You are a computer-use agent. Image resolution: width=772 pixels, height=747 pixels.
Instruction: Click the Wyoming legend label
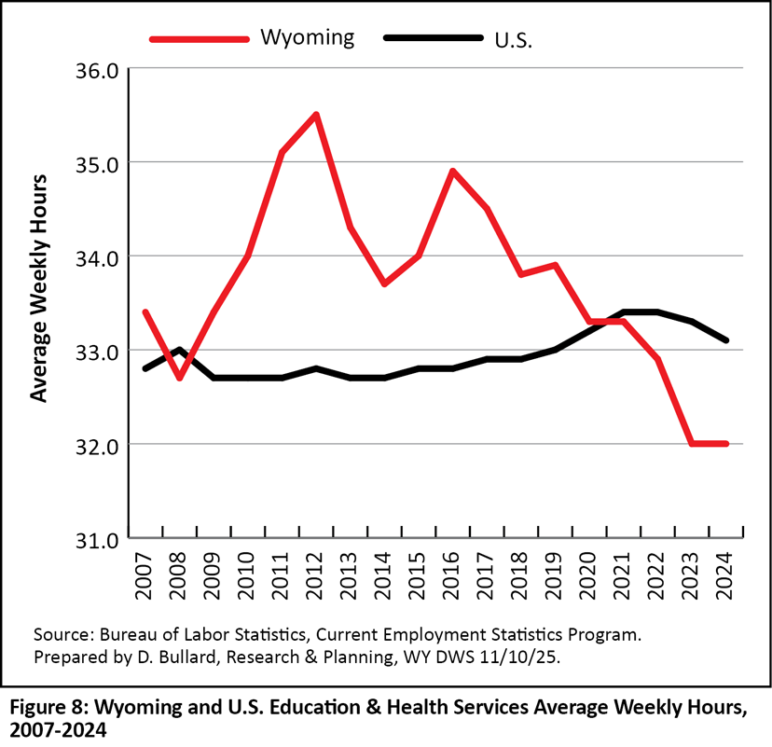[x=307, y=37]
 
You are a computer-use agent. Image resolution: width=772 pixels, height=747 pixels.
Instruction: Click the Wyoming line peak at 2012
[x=317, y=115]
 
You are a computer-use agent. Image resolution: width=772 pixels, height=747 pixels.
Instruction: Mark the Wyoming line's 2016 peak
[x=453, y=171]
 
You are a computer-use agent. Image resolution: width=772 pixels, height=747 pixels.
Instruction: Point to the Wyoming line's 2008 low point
[x=179, y=378]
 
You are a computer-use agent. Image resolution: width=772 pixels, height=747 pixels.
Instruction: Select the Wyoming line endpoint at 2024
[x=726, y=444]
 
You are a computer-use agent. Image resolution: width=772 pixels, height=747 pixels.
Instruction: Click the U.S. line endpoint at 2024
[x=726, y=340]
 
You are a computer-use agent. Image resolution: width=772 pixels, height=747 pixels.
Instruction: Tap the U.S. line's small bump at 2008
[x=179, y=350]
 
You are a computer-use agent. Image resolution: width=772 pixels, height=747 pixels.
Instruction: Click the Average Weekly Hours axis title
[x=38, y=286]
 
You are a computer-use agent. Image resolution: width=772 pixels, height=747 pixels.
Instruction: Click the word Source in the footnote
[x=58, y=634]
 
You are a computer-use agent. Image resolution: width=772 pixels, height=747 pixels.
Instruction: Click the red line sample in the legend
[x=200, y=38]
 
